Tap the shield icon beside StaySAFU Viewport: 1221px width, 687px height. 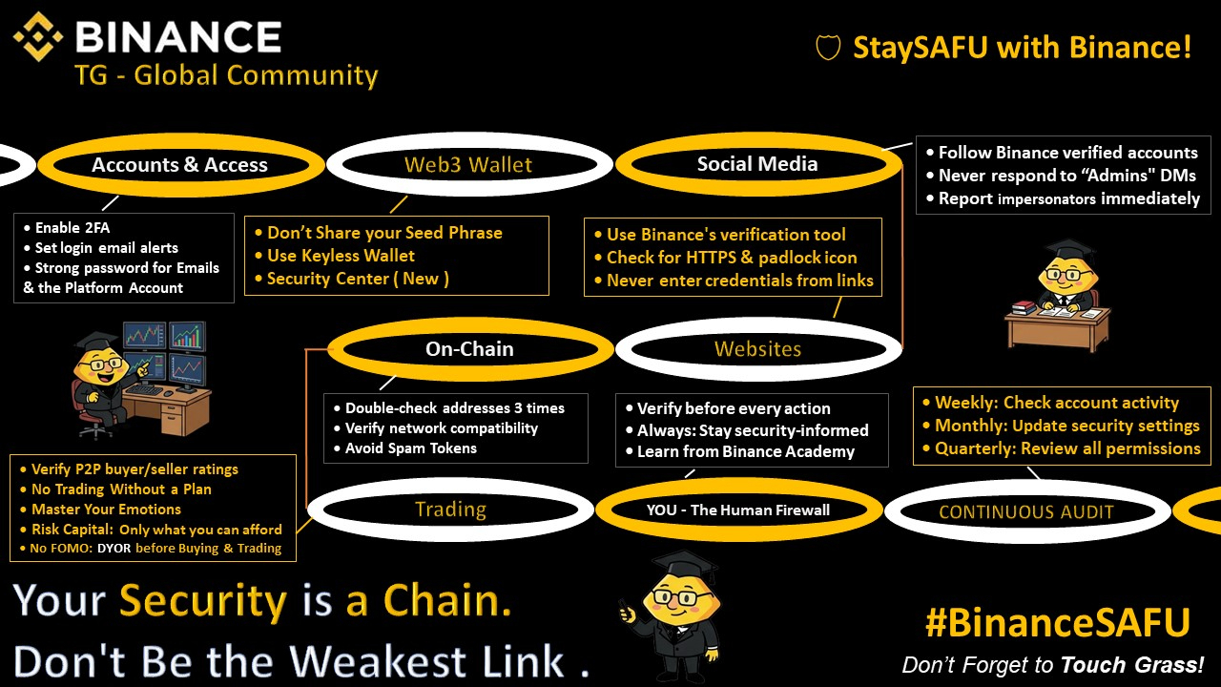[x=827, y=48]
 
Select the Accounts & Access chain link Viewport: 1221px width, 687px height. [x=179, y=165]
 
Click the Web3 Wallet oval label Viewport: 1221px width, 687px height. [x=468, y=165]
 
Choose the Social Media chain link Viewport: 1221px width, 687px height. [x=757, y=164]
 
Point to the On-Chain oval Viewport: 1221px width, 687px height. [x=469, y=349]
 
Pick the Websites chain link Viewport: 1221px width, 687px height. [x=757, y=349]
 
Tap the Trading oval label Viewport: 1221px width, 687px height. [x=450, y=510]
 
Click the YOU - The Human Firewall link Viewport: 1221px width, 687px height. [x=737, y=510]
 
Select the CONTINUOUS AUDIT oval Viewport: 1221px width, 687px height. [x=1025, y=512]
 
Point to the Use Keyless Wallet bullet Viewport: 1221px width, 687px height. [x=341, y=256]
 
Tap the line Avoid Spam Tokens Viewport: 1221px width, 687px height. [x=410, y=448]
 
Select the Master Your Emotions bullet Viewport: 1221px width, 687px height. [x=106, y=510]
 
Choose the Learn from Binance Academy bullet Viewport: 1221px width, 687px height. [x=745, y=451]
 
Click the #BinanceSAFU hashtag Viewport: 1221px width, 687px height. [x=1057, y=623]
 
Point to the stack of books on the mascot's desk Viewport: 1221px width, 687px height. [x=1024, y=308]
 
